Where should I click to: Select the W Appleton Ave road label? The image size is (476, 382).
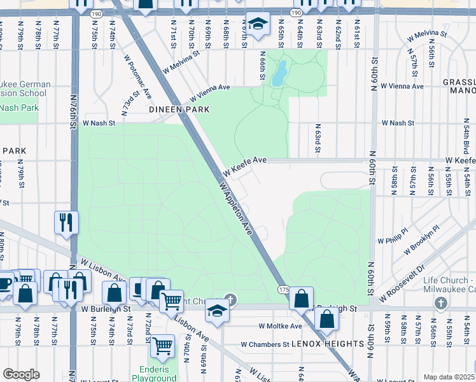(237, 208)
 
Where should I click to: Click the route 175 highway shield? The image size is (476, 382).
(284, 290)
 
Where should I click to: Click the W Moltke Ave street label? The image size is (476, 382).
(280, 326)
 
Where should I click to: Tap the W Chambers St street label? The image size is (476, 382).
(265, 344)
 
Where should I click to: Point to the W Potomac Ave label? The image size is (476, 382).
(138, 76)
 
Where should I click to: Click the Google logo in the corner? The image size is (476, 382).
(21, 374)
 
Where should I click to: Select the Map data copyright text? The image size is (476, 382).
(449, 377)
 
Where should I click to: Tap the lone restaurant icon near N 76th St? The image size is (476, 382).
(66, 222)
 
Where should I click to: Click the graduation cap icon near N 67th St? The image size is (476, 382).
(257, 24)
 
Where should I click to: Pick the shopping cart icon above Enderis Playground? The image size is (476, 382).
(163, 346)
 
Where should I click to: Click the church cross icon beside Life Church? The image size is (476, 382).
(441, 302)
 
